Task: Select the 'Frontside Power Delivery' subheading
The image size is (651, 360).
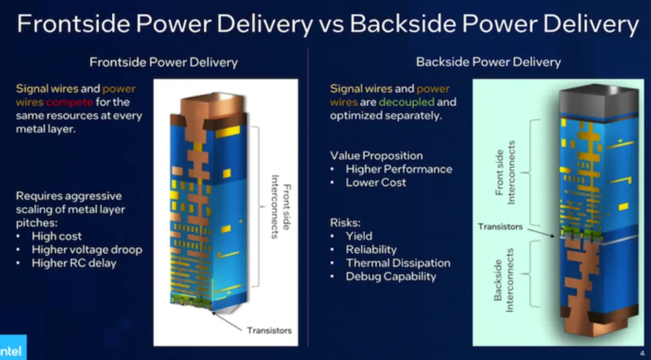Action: [163, 62]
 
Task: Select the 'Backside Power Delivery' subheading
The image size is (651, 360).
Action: [488, 62]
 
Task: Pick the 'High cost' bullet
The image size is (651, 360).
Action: [57, 236]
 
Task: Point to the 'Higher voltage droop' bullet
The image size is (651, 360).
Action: [87, 249]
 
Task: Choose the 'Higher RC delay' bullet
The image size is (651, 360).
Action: [74, 262]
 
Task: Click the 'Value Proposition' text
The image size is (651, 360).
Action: [376, 156]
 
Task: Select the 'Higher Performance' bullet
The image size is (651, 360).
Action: [398, 169]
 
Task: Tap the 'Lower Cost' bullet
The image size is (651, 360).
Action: [376, 182]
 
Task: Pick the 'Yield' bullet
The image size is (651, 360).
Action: [359, 236]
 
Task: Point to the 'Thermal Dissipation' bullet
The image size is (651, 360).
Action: [398, 263]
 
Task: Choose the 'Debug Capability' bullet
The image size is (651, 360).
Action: [391, 276]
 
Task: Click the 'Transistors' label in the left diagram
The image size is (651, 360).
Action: [269, 330]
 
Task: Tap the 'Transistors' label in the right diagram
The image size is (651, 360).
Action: [500, 227]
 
